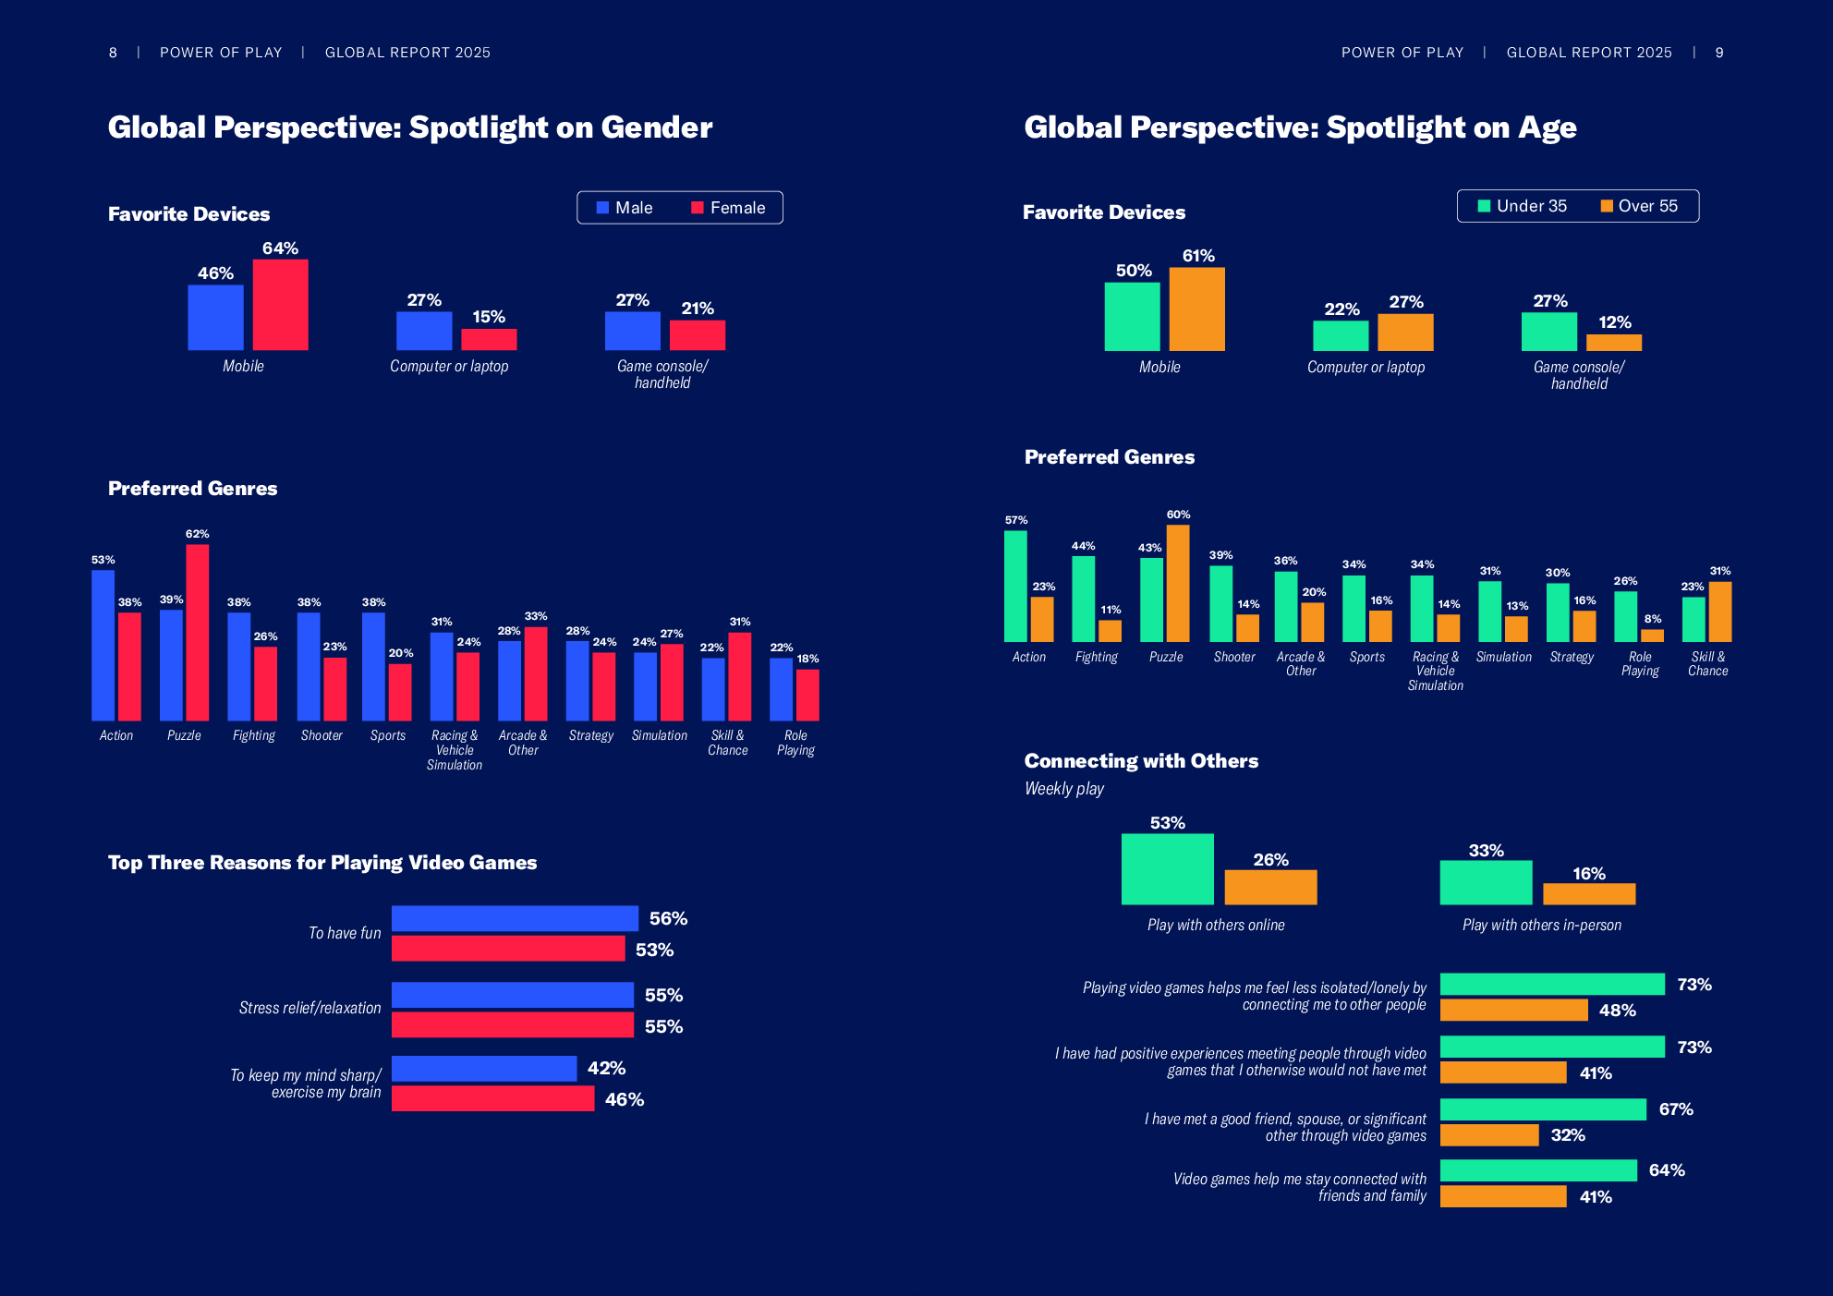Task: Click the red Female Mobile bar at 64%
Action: [281, 305]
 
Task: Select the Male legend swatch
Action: [602, 208]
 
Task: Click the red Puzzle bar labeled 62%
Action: [198, 633]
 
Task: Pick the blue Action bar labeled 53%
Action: [103, 645]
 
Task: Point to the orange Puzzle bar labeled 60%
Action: [1178, 583]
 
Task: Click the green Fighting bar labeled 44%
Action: [1084, 599]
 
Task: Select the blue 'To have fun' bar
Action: [515, 918]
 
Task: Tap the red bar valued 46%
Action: [492, 1098]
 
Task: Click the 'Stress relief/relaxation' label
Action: [310, 1008]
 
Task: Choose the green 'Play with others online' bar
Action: [1167, 869]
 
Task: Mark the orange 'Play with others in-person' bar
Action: [1589, 893]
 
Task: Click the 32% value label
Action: [1568, 1135]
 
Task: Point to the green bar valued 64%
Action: [1538, 1170]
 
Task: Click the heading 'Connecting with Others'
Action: [1141, 761]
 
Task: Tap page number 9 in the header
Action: [1719, 53]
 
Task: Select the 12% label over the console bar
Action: [1615, 322]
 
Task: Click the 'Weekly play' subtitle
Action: [1064, 789]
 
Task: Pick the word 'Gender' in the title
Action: [657, 127]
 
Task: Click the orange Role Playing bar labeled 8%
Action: [1653, 636]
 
